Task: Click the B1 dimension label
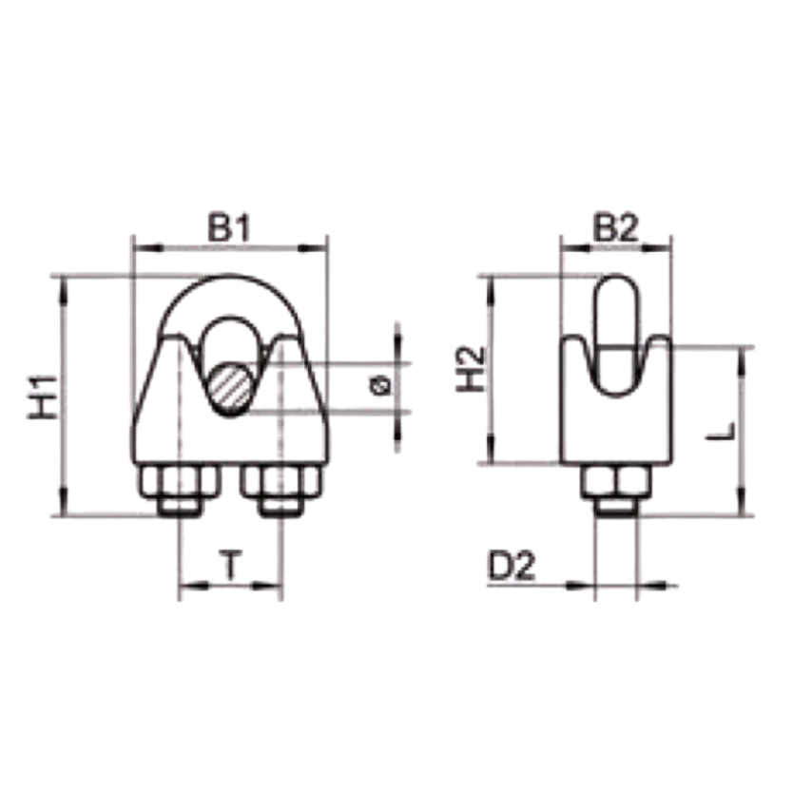click(x=229, y=228)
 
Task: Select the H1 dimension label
click(x=43, y=397)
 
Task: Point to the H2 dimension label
click(x=471, y=370)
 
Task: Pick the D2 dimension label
click(x=512, y=566)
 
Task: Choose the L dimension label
click(x=721, y=432)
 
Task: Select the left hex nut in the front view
click(x=179, y=481)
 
